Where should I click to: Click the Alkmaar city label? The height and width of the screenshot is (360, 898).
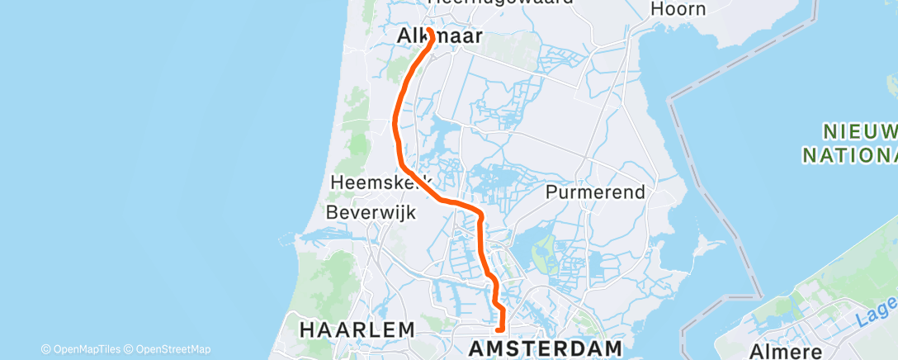[x=428, y=36]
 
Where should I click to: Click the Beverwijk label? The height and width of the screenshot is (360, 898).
[x=371, y=212]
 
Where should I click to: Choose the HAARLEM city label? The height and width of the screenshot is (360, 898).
[x=357, y=329]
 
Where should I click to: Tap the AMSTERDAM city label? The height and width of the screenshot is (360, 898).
[x=546, y=347]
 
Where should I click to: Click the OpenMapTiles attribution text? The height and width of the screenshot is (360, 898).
[x=85, y=349]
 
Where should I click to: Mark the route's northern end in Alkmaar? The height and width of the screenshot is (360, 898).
[x=430, y=32]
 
